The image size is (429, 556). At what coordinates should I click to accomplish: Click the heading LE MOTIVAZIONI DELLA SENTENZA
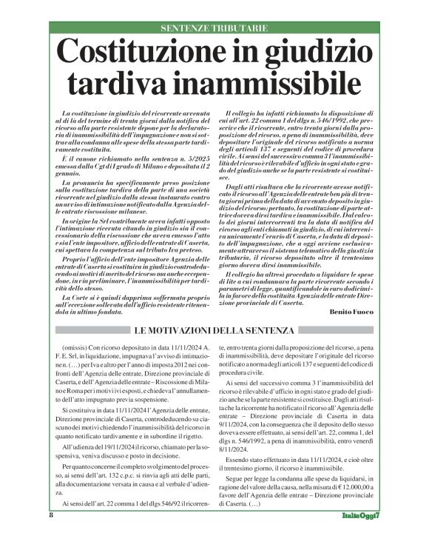tap(214, 330)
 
